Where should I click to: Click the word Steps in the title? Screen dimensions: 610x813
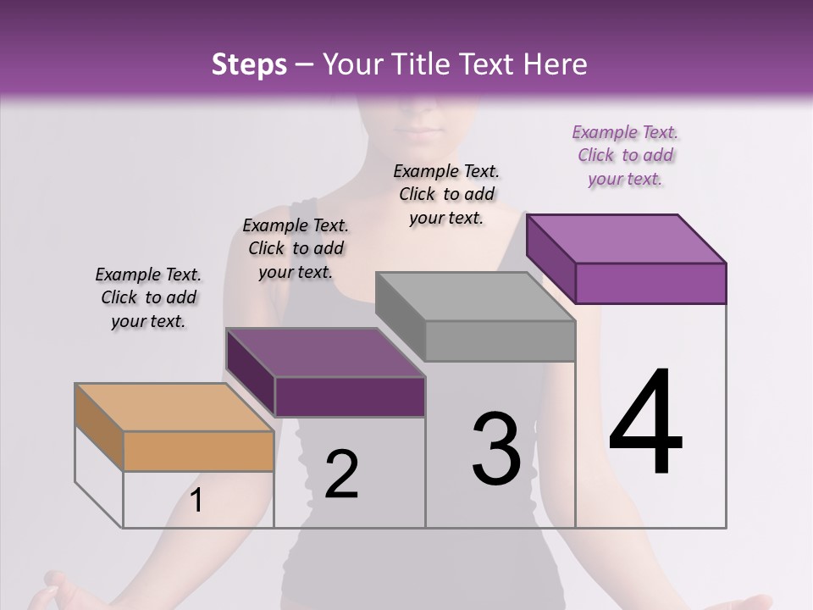249,64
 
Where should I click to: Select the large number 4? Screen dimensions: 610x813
645,424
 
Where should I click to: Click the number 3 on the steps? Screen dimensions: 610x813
495,448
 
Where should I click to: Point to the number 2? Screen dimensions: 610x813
341,474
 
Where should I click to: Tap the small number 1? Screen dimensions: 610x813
196,501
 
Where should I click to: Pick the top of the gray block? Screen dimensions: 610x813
475,297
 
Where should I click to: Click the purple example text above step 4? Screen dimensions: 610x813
626,156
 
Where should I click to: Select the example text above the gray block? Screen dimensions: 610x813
446,194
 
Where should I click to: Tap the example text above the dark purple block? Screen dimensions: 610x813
296,248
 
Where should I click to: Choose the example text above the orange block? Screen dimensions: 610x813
148,297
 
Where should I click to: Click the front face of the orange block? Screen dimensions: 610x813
199,451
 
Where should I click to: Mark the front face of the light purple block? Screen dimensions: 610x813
650,283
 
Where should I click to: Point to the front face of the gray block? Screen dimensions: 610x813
500,341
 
